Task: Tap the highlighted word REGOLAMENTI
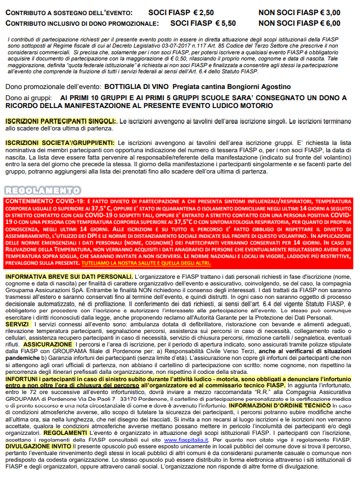click(x=85, y=433)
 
